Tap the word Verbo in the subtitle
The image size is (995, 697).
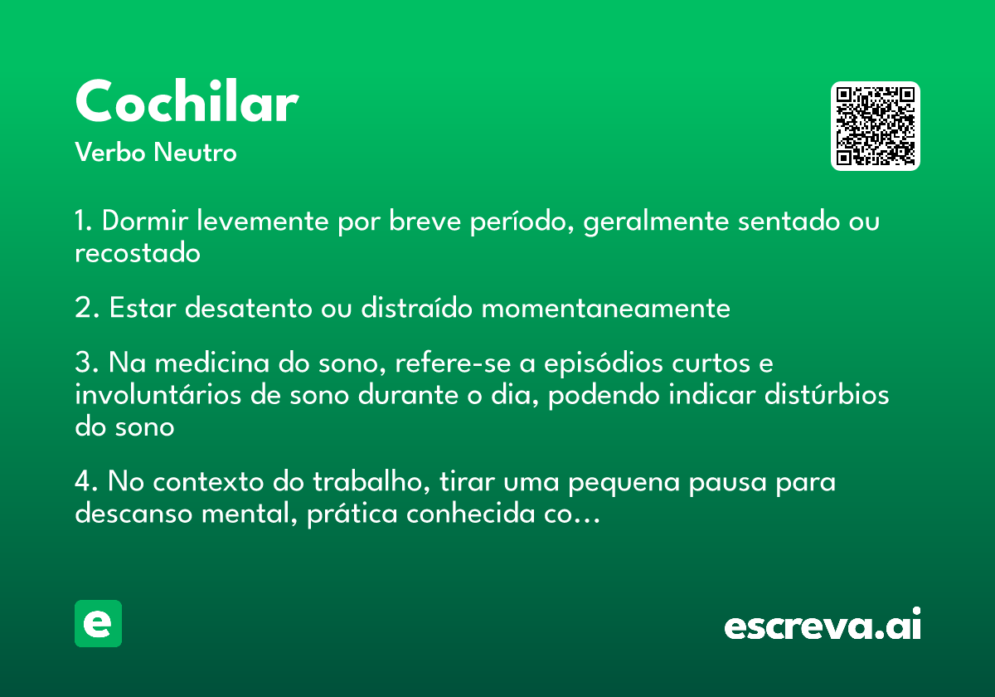click(x=110, y=152)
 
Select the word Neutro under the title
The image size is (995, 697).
click(x=195, y=152)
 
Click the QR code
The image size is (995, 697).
click(x=875, y=126)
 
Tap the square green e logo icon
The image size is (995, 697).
click(x=98, y=623)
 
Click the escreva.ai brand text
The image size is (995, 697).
click(x=823, y=623)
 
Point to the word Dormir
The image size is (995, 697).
click(x=145, y=221)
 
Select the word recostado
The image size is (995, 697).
click(x=138, y=253)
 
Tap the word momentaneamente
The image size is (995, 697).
click(x=606, y=308)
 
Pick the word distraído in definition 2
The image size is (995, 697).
click(x=416, y=307)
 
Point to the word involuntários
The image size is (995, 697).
click(x=158, y=394)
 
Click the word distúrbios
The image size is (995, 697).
click(x=827, y=394)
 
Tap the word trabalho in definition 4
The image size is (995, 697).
click(x=371, y=481)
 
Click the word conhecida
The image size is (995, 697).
click(x=470, y=513)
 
